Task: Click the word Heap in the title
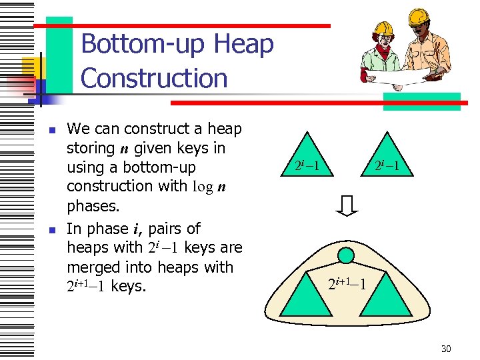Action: [244, 45]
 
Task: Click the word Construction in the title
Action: [154, 78]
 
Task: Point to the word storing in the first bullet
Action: [91, 147]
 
